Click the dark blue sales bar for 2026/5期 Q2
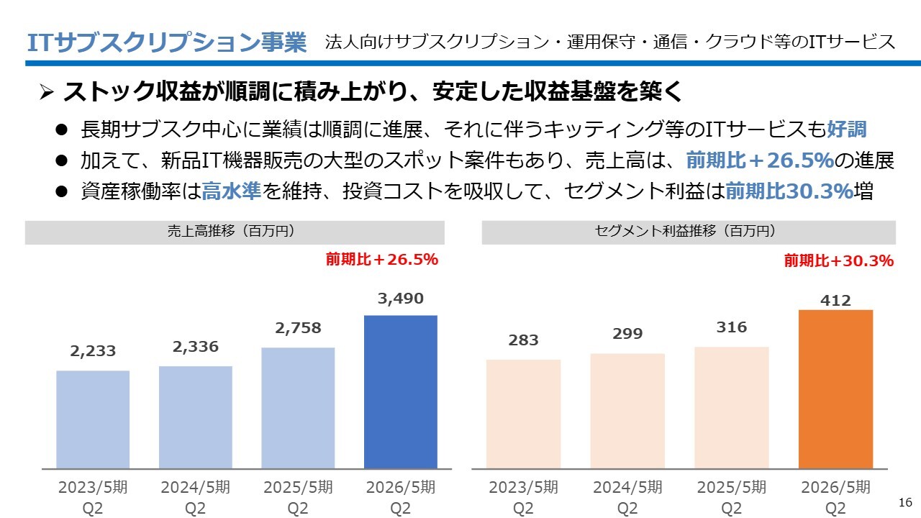coord(401,392)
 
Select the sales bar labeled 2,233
coord(93,419)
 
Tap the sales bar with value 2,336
coord(196,417)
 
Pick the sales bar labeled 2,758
coord(298,408)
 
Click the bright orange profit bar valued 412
coord(835,389)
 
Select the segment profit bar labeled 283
coord(523,414)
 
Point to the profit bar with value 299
coord(627,412)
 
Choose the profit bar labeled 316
coord(732,408)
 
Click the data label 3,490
coord(401,299)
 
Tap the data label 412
coord(835,301)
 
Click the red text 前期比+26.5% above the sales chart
coord(382,260)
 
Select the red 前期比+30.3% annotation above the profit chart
coord(839,261)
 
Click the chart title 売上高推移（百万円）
coord(235,232)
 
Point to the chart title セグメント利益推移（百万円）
coord(689,232)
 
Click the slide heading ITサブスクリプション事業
coord(166,42)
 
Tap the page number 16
coord(905,501)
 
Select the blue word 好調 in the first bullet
coord(847,130)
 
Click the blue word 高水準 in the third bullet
coord(232,191)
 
